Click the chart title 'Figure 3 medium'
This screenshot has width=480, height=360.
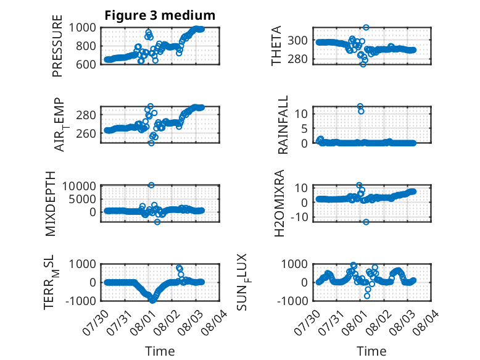160,15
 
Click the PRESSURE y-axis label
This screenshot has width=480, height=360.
57,46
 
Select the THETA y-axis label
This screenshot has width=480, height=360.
276,46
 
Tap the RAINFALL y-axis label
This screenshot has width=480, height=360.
283,125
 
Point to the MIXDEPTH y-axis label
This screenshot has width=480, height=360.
50,204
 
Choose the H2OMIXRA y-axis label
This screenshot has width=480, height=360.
279,203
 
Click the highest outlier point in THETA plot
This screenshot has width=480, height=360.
366,28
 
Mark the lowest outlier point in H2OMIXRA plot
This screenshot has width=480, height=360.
366,222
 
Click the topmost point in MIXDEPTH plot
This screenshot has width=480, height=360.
151,185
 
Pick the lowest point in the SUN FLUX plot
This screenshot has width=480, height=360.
366,296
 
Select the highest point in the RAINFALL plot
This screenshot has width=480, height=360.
360,106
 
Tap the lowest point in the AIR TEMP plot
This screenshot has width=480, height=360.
151,143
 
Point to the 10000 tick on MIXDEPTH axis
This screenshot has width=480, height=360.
79,186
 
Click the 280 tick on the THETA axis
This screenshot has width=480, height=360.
297,59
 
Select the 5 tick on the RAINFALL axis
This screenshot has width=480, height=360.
304,128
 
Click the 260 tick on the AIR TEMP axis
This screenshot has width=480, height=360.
86,133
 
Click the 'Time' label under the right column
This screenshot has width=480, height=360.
371,351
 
